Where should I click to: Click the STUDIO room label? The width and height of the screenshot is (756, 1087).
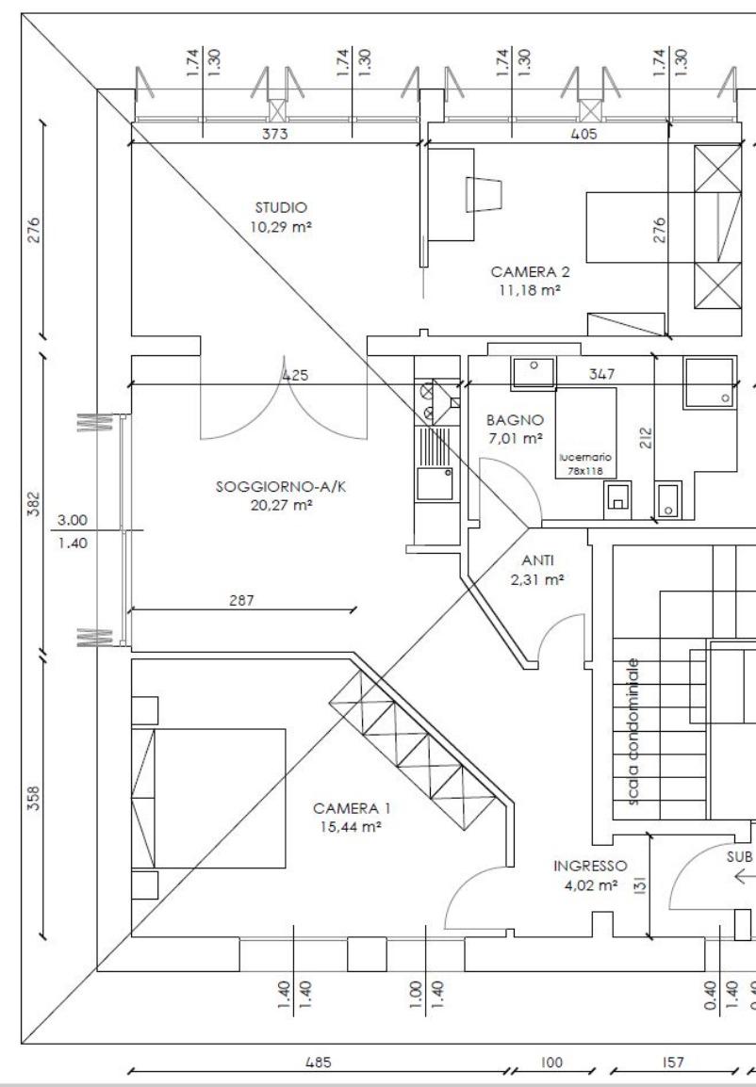click(281, 207)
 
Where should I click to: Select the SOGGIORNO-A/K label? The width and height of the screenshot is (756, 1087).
click(281, 487)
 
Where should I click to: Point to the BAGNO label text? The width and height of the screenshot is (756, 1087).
click(515, 420)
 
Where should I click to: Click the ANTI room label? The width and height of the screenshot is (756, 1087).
click(537, 560)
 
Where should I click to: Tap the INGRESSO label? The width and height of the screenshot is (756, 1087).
click(590, 866)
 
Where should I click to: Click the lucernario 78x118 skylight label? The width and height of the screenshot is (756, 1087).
click(585, 463)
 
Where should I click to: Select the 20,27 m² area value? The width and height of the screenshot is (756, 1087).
click(281, 505)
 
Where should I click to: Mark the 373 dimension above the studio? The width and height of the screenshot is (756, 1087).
click(274, 134)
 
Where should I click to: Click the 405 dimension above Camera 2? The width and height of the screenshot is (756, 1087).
click(583, 134)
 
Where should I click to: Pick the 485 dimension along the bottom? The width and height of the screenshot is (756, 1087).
click(319, 1063)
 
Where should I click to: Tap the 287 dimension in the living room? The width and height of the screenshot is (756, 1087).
click(241, 600)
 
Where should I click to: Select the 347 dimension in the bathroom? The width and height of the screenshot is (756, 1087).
click(601, 374)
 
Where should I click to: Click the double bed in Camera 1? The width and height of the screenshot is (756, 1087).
click(208, 798)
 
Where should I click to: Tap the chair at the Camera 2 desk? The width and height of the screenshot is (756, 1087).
click(485, 194)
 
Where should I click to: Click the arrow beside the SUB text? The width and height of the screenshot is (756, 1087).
click(745, 877)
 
